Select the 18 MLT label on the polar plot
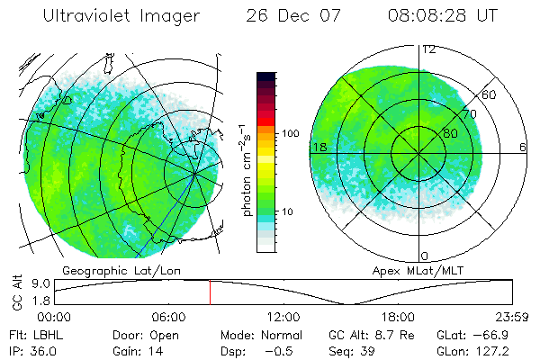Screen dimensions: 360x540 point(319,147)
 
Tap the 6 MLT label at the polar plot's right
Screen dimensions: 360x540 point(523,147)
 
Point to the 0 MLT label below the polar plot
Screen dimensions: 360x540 point(425,256)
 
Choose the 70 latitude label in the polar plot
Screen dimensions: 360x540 point(468,114)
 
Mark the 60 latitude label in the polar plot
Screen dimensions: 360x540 point(489,94)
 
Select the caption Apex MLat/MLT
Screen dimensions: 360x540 point(410,270)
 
